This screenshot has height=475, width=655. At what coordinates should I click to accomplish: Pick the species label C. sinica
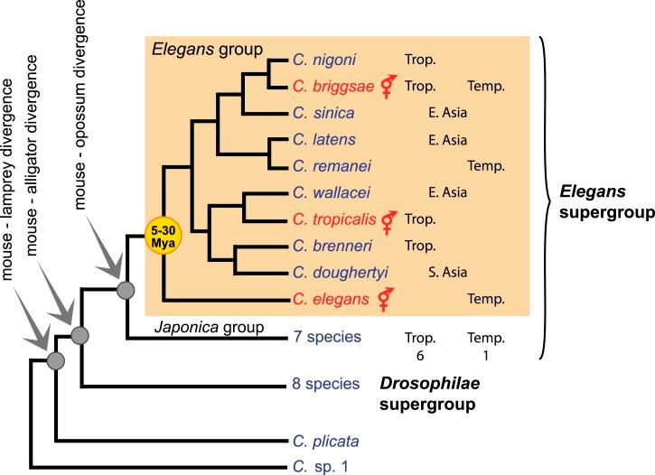[317, 113]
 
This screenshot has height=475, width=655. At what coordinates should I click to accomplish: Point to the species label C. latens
[317, 139]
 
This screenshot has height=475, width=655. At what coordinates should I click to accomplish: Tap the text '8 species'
[321, 386]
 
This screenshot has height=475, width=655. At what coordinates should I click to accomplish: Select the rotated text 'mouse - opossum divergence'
[84, 104]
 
